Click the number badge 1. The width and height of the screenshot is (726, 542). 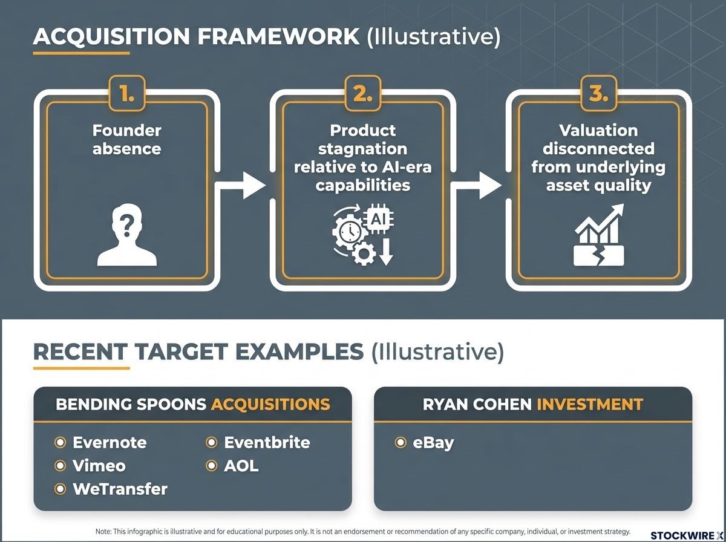coord(127,94)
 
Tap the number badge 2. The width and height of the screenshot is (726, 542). coord(363,94)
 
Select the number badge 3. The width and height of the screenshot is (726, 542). coord(599,94)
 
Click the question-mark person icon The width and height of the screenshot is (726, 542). coord(127,235)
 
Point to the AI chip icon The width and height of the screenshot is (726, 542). coord(378,219)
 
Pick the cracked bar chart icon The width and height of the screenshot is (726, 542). coord(599,235)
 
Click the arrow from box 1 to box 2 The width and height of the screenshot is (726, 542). coord(241,186)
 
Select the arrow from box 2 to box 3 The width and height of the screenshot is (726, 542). coord(477,186)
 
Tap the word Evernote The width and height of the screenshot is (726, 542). coord(110,442)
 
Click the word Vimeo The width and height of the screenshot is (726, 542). coord(99,466)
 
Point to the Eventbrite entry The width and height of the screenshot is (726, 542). coord(267,442)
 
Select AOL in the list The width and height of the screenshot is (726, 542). coord(241,466)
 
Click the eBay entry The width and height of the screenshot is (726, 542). coord(433,443)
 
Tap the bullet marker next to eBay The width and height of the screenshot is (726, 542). coord(401,442)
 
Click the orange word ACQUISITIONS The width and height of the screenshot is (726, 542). coord(270,404)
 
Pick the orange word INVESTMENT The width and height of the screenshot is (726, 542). coord(590,404)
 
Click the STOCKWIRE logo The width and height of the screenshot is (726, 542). coord(687,536)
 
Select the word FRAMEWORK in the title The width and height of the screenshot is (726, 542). coord(278,36)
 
